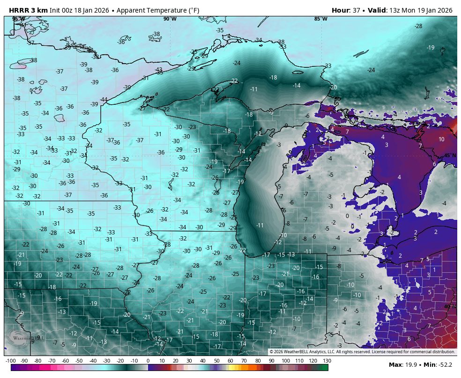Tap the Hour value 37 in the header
[357, 10]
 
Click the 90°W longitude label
[170, 19]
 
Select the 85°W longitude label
[321, 19]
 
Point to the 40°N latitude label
[450, 307]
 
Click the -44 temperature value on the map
[104, 100]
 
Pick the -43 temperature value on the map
[159, 69]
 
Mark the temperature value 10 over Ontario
[441, 139]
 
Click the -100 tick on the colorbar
[10, 361]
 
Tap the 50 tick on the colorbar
[216, 361]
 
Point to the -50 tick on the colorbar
[79, 361]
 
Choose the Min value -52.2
[445, 364]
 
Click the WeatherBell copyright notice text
[362, 352]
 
